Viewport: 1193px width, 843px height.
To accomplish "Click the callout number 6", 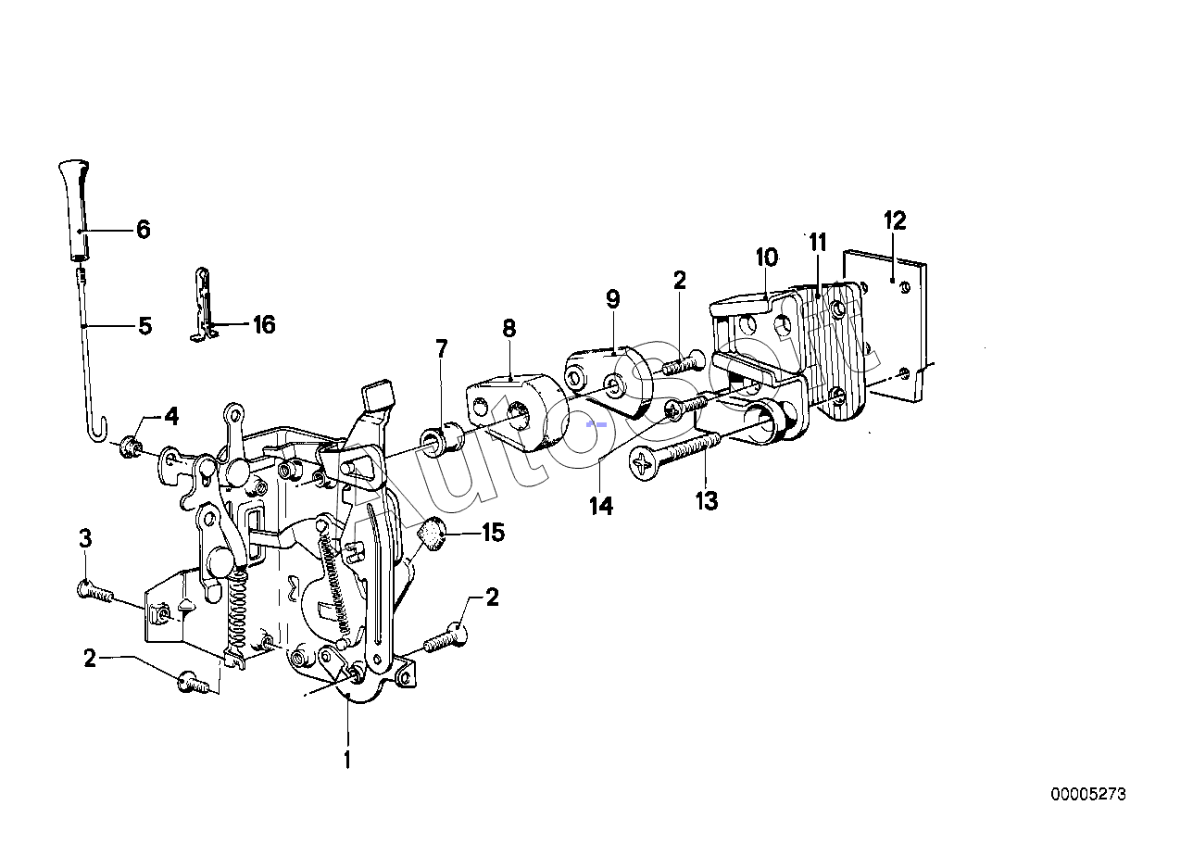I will point(143,230).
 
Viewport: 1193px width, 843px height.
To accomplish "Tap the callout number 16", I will point(264,324).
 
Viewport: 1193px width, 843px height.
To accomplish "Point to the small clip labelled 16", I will point(204,306).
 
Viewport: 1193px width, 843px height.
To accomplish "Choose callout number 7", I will point(442,349).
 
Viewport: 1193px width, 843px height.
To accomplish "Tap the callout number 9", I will point(612,299).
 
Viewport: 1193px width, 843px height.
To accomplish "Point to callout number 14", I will point(601,506).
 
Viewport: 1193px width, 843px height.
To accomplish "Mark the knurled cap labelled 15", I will point(431,535).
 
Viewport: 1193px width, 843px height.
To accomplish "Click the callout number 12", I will point(894,220).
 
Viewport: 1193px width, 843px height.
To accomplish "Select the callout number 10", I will point(766,257).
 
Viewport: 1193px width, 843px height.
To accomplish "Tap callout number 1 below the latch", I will point(348,761).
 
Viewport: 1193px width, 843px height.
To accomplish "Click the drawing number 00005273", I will point(1088,794).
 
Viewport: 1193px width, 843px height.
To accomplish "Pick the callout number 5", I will point(144,326).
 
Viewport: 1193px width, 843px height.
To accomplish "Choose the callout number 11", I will point(817,244).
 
